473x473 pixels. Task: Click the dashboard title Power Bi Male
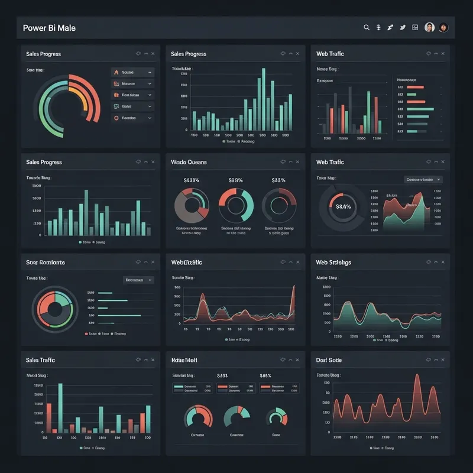[49, 28]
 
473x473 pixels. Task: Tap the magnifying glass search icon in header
[367, 27]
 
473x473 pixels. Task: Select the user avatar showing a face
[430, 27]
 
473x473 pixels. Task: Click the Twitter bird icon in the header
[403, 27]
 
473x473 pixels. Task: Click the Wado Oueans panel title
[189, 162]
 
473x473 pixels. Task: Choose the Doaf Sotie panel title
[329, 360]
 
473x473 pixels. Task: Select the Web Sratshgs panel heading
[333, 263]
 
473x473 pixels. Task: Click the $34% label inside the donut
[344, 207]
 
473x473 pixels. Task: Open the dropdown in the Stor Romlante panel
[138, 280]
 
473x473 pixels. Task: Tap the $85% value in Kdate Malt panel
[265, 375]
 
